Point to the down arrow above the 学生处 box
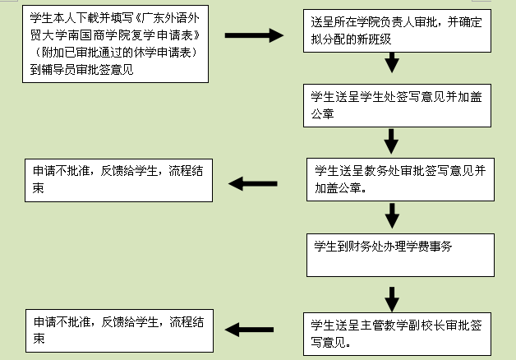point(393,62)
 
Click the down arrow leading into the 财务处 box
point(392,216)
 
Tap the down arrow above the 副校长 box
point(392,296)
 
